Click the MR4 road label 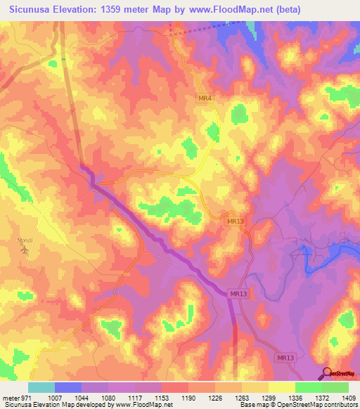[x=205, y=99]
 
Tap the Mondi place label [x=25, y=240]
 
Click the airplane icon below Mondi [x=26, y=249]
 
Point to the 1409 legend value [x=349, y=397]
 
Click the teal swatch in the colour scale [x=41, y=387]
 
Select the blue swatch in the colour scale [x=68, y=387]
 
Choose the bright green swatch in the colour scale [x=309, y=387]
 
